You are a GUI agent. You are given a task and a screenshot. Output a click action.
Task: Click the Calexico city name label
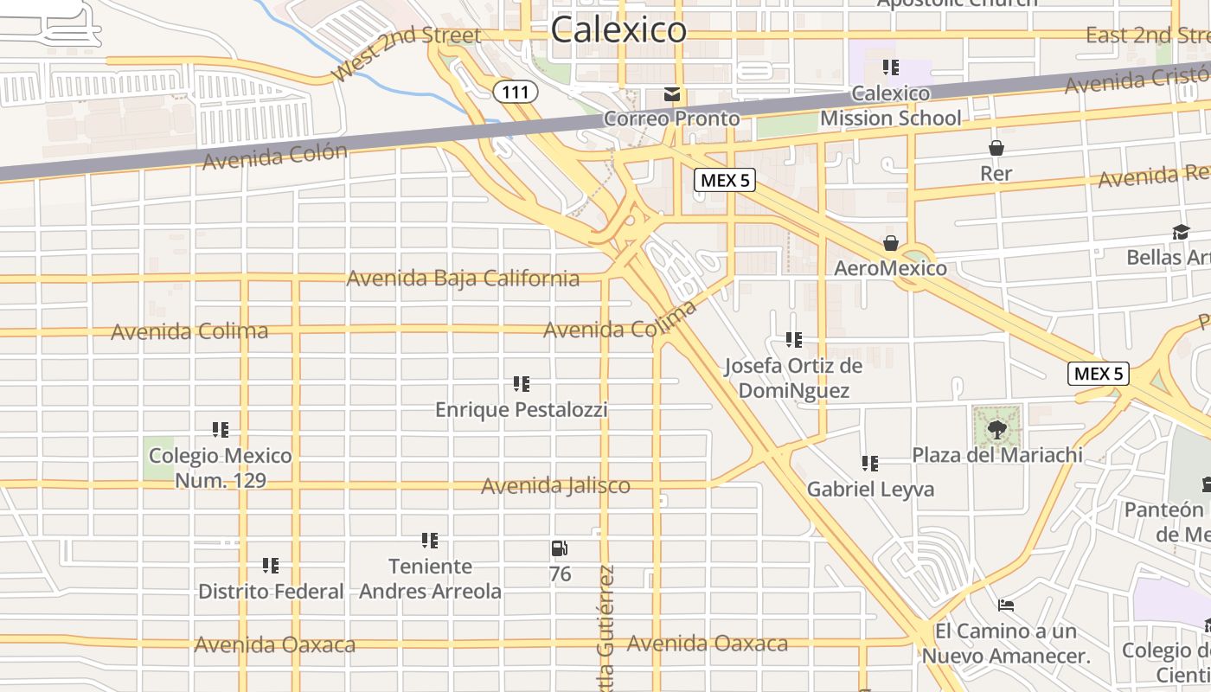coord(618,29)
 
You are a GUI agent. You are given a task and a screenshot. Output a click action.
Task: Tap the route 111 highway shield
coord(516,92)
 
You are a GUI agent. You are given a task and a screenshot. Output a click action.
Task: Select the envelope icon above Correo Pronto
coord(671,93)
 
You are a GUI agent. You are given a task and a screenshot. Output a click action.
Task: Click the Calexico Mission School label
coord(890,106)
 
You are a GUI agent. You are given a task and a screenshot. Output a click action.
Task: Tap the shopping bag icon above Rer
coord(996,148)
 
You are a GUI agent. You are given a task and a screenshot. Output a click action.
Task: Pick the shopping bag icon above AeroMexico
coord(890,243)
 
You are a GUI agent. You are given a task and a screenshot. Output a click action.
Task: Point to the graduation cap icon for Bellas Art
coord(1181,232)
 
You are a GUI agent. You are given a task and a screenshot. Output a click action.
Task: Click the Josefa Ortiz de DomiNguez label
coord(792,378)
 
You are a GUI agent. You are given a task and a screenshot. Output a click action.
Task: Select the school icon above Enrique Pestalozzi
coord(521,383)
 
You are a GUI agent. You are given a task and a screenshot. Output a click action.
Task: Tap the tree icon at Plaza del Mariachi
coord(997,427)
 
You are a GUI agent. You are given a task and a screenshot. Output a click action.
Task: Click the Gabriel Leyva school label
coord(870,489)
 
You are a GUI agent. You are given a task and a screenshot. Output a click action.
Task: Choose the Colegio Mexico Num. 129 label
coord(221,467)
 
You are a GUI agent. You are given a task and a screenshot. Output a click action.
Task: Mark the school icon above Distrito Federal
coord(271,566)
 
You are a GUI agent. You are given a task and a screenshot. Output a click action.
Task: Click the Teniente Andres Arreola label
coord(430,579)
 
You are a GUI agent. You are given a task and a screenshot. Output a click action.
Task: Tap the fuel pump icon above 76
coord(560,548)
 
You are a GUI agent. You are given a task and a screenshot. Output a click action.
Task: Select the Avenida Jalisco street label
coord(555,485)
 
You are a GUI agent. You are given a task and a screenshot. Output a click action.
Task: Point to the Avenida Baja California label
coord(463,279)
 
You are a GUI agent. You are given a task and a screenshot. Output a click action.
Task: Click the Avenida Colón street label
coord(274,157)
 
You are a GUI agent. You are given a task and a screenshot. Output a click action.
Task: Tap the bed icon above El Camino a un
coord(1005,605)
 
